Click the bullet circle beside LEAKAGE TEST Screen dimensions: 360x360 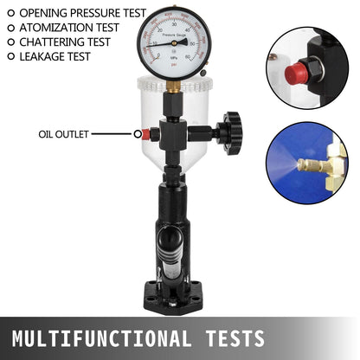10,55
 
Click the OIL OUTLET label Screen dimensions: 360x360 63,134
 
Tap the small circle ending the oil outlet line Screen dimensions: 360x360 137,134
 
